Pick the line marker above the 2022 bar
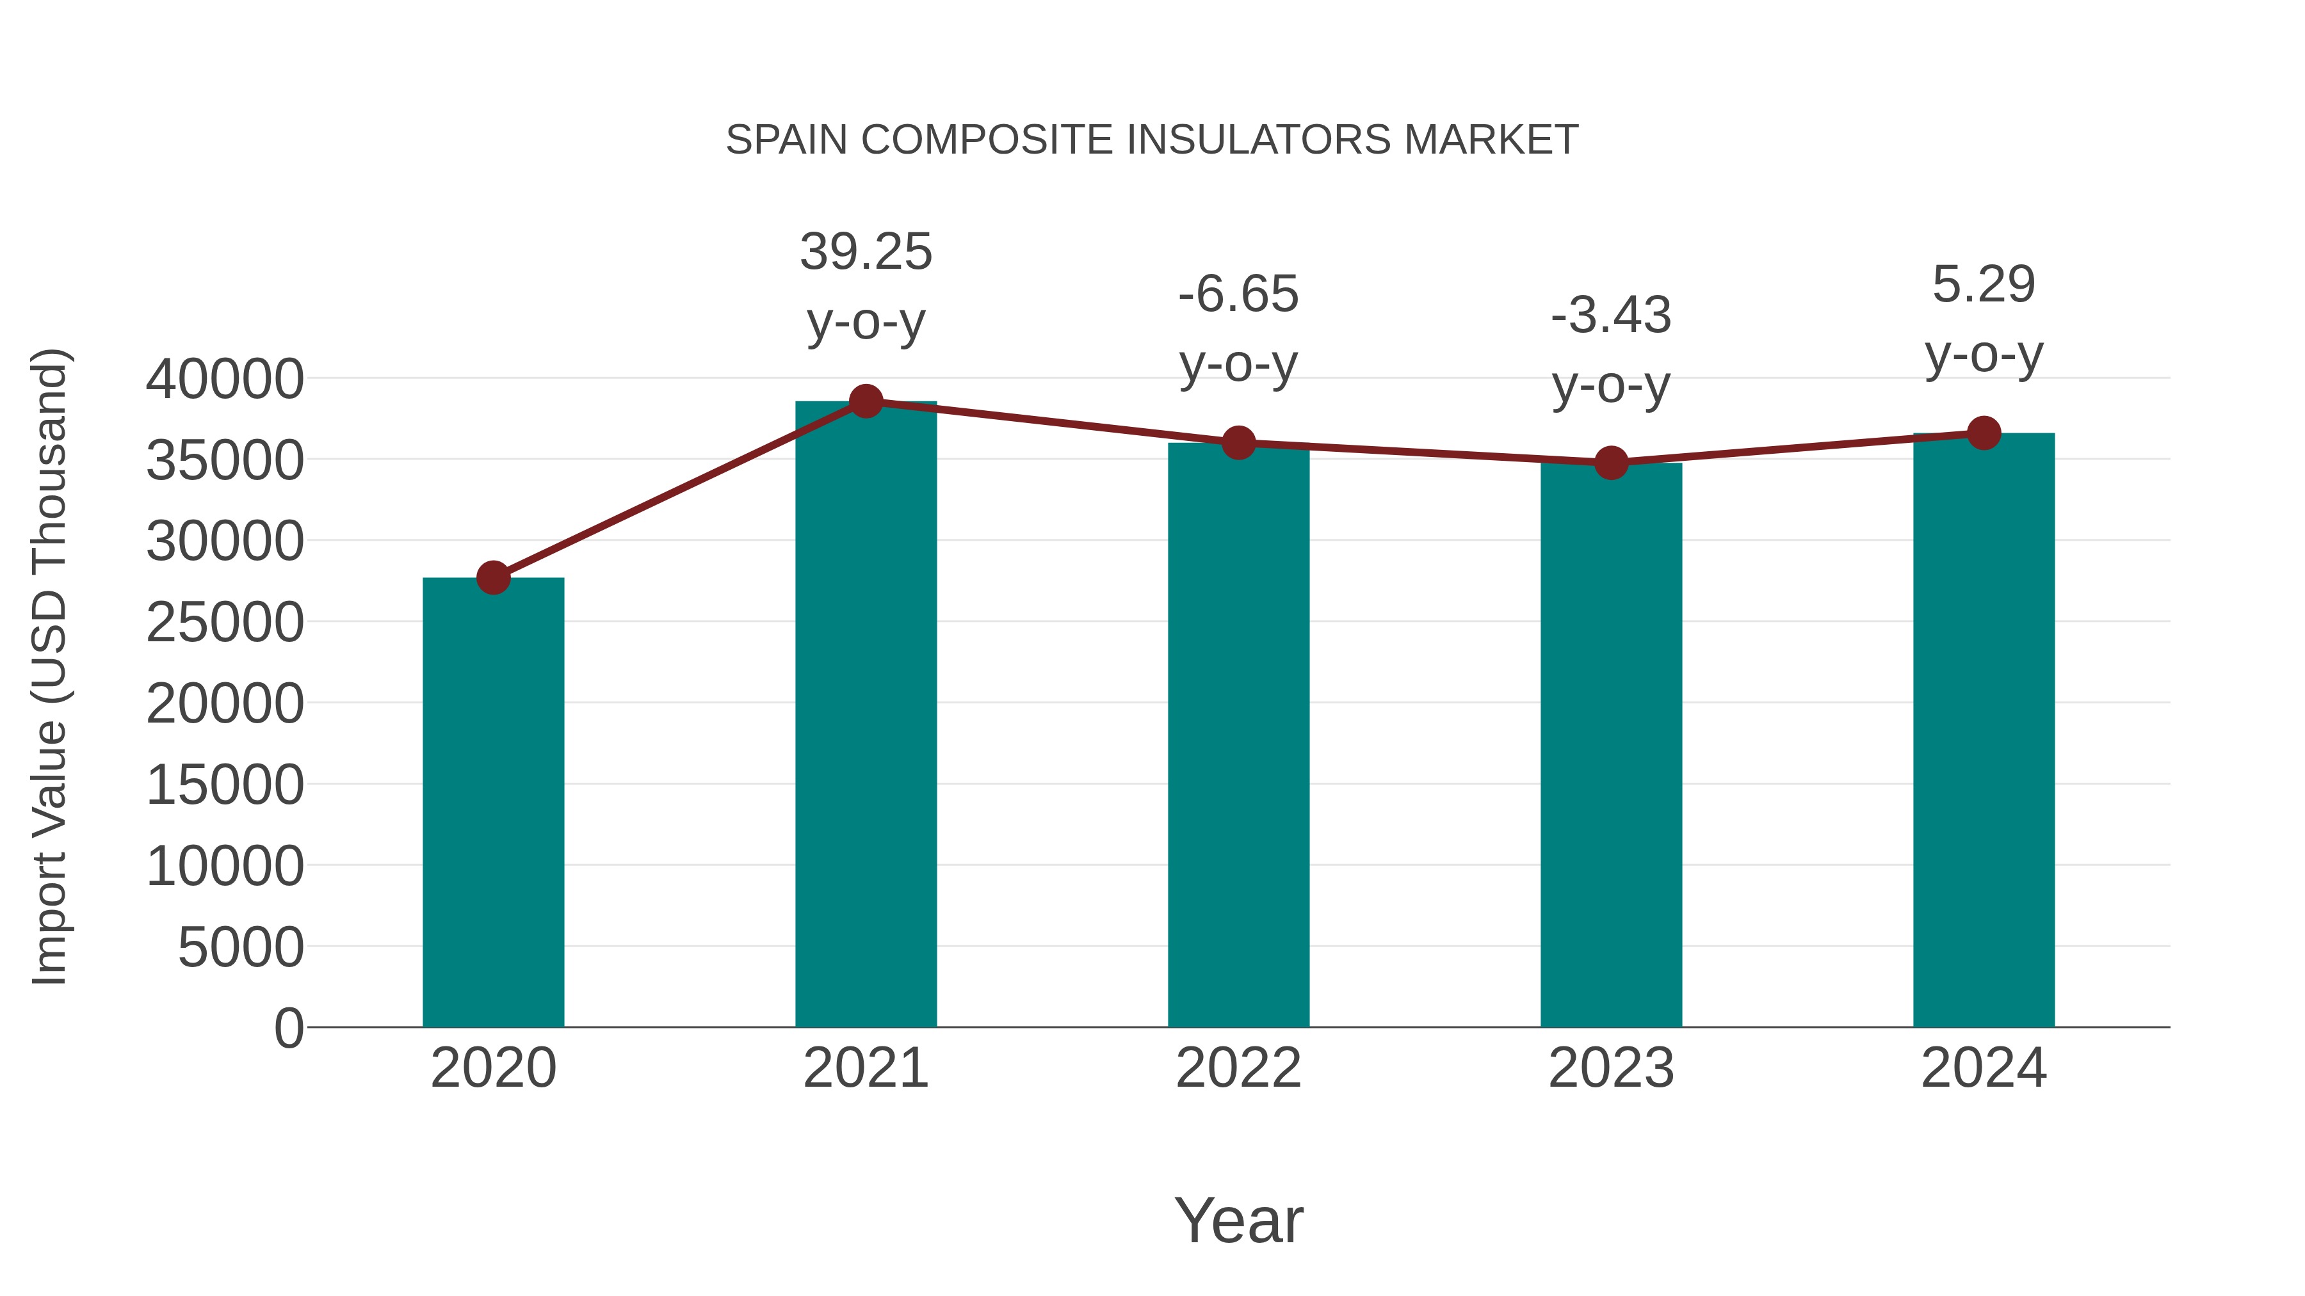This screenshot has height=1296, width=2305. pyautogui.click(x=1238, y=443)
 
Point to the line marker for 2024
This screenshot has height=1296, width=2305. pyautogui.click(x=1984, y=433)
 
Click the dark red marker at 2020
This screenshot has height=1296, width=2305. pyautogui.click(x=493, y=578)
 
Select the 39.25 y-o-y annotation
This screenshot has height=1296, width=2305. pyautogui.click(x=865, y=286)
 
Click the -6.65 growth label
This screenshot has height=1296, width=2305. pyautogui.click(x=1238, y=328)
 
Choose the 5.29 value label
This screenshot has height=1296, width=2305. pyautogui.click(x=1984, y=319)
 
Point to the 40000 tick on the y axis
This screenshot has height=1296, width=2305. pyautogui.click(x=225, y=380)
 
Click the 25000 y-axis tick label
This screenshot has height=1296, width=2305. pyautogui.click(x=225, y=623)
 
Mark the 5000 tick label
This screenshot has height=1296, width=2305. pyautogui.click(x=241, y=947)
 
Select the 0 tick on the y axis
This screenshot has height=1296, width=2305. pyautogui.click(x=288, y=1028)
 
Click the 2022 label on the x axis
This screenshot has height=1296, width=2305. pyautogui.click(x=1238, y=1068)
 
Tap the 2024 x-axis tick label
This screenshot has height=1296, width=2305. pyautogui.click(x=1984, y=1068)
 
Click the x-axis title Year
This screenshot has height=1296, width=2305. pyautogui.click(x=1238, y=1220)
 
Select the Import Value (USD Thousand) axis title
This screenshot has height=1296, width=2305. pyautogui.click(x=50, y=666)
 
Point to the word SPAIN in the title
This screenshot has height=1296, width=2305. pyautogui.click(x=786, y=140)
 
